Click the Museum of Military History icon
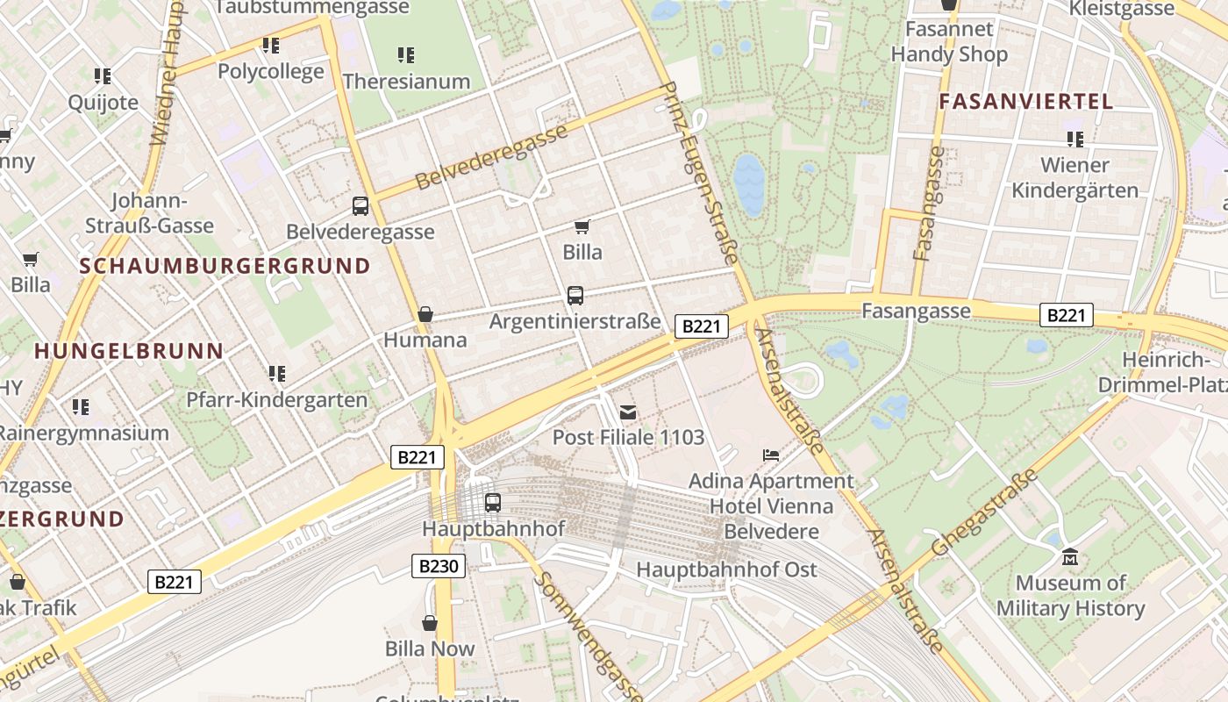[1069, 557]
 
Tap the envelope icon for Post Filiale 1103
[628, 412]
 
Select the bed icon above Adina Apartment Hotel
[771, 455]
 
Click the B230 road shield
[438, 566]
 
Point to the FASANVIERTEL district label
[1025, 101]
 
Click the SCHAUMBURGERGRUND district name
[225, 266]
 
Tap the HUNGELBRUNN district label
[129, 351]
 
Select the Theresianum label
[406, 82]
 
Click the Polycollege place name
[270, 71]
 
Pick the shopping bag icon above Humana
[425, 314]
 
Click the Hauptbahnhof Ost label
[726, 569]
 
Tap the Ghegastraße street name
[985, 512]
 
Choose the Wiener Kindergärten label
[1074, 177]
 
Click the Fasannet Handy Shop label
[949, 41]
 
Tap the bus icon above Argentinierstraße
[575, 296]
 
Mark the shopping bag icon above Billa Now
[430, 623]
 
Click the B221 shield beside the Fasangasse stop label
[1067, 315]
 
